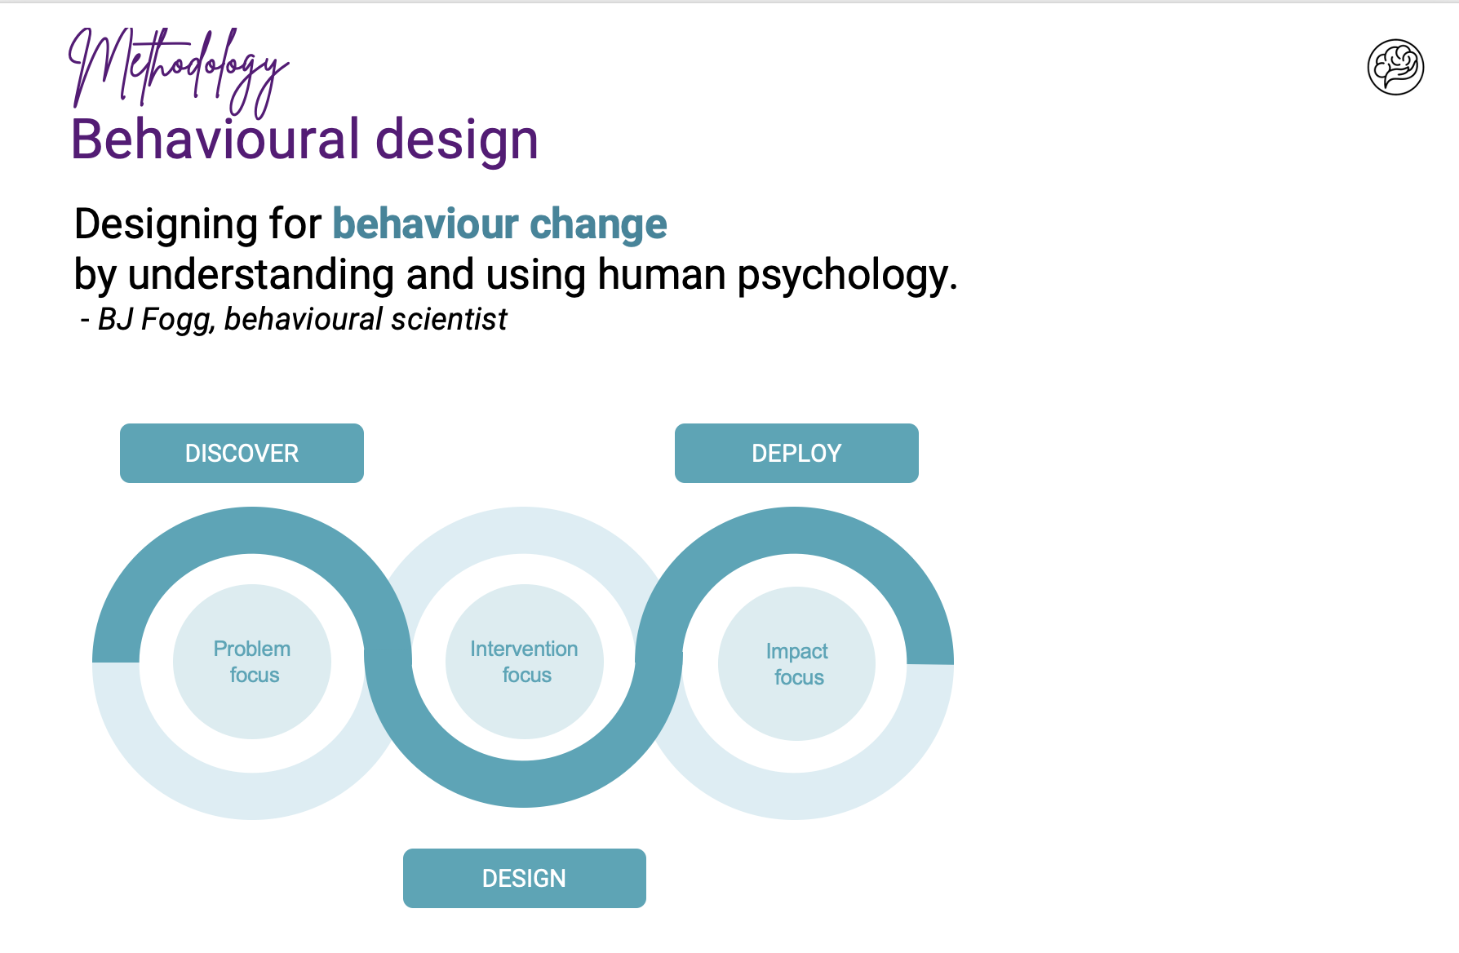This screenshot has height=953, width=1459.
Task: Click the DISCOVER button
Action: [x=242, y=453]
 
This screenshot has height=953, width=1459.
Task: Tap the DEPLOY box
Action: [x=796, y=453]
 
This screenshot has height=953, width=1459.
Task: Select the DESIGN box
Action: [x=524, y=878]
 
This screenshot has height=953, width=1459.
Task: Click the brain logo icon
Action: [x=1395, y=67]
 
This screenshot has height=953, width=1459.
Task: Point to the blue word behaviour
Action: [x=426, y=224]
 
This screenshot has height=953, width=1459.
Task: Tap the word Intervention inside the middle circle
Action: [x=524, y=649]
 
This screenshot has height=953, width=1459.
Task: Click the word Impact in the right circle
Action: [x=796, y=651]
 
